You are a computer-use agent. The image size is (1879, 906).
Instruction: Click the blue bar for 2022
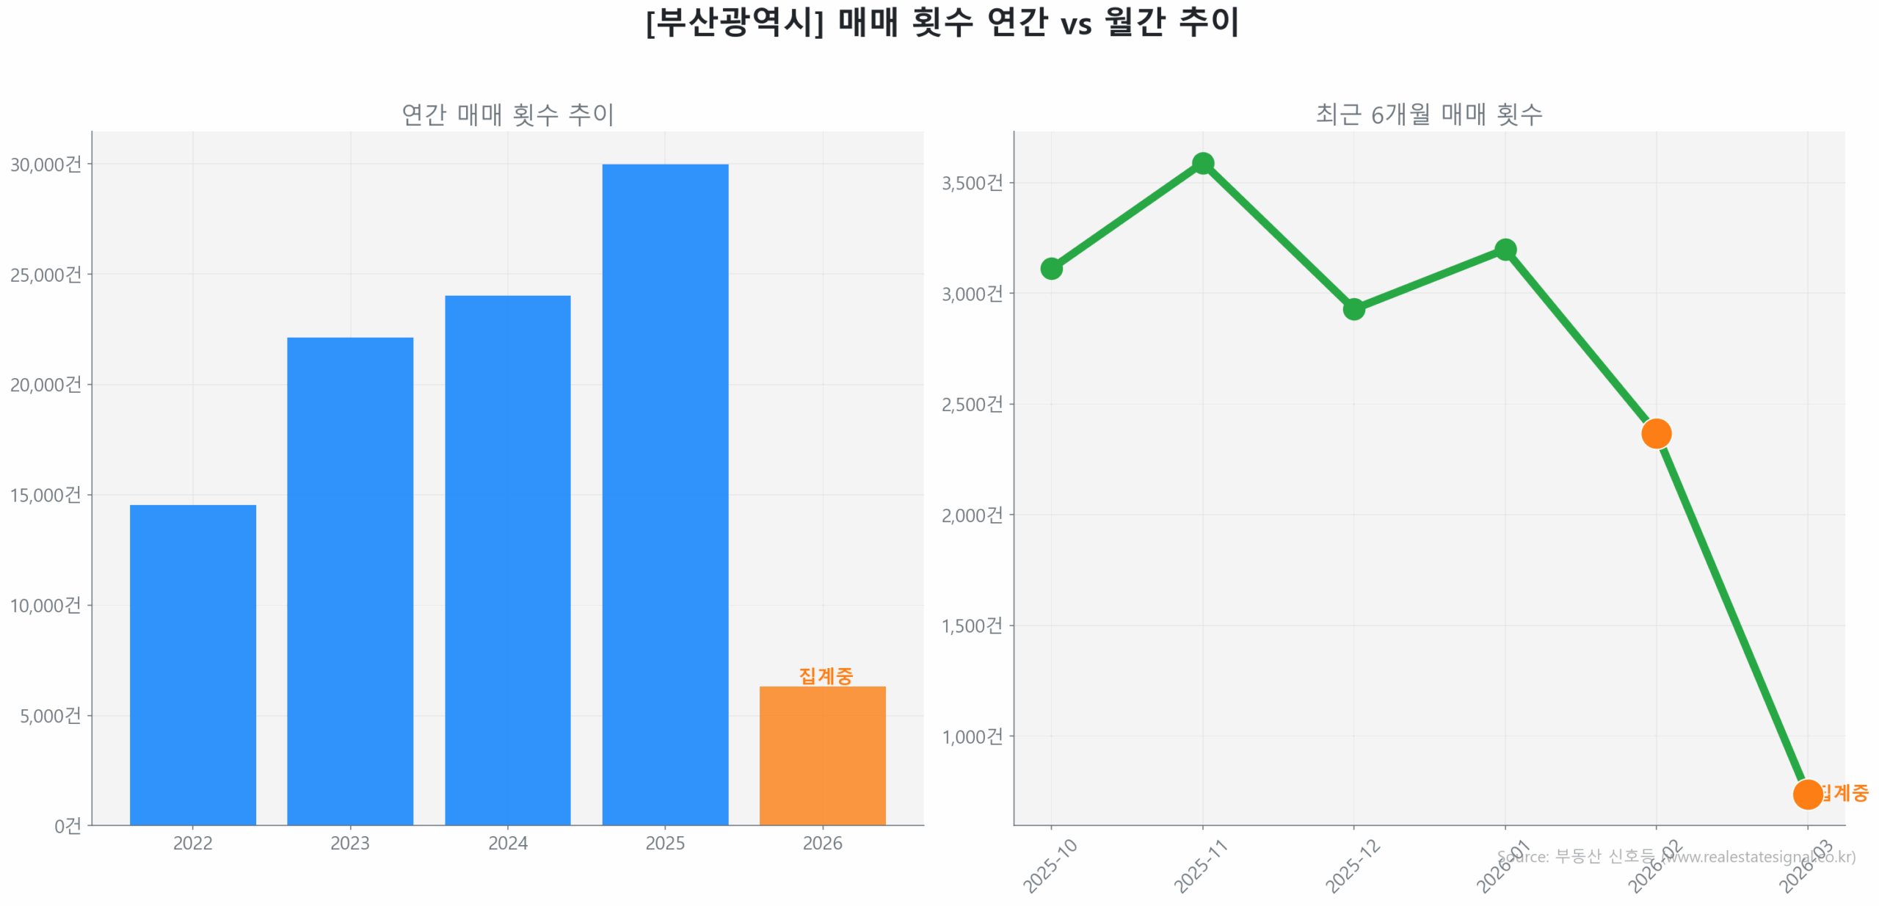192,664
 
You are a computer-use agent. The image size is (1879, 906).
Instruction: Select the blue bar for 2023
349,580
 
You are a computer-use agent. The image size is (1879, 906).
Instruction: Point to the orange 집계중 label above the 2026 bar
825,675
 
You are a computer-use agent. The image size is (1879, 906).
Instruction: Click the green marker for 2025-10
1050,269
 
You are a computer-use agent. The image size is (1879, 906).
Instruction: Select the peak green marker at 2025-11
1202,163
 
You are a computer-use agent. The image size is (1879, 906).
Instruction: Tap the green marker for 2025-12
1353,309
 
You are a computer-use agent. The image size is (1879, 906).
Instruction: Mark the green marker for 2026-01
1505,250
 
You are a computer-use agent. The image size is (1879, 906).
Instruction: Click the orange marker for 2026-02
1655,433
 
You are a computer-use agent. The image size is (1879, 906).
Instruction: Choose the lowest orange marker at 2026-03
1806,794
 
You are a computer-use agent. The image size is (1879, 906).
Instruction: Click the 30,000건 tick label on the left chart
46,164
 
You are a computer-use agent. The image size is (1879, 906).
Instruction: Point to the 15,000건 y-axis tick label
46,495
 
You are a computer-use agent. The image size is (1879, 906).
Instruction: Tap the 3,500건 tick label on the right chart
971,183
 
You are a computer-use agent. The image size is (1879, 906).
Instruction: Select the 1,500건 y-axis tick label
971,626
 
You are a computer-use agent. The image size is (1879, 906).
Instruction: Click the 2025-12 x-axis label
1352,866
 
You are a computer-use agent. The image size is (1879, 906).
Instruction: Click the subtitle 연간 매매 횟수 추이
507,115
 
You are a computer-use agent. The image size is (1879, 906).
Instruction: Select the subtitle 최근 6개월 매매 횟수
1428,115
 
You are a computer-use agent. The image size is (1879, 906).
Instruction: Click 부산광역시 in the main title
734,22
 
